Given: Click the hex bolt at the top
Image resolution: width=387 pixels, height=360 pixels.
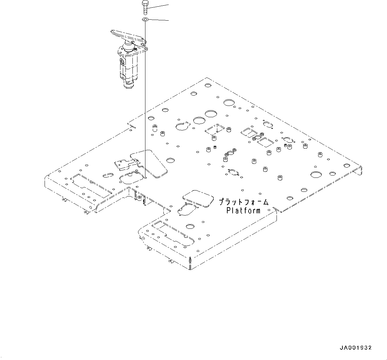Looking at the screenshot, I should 145,7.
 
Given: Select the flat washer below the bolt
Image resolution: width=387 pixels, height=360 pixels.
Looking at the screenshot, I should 145,20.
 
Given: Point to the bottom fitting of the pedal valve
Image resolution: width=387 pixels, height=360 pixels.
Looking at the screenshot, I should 128,86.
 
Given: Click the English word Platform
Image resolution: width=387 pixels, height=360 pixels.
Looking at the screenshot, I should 244,210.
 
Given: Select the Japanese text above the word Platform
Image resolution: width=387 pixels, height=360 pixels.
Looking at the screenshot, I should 244,202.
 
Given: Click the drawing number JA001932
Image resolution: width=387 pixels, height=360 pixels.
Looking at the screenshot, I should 355,348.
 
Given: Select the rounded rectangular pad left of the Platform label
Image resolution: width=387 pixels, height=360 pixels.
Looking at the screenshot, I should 198,198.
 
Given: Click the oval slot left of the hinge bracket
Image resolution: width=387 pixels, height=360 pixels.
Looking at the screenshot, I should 108,175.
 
